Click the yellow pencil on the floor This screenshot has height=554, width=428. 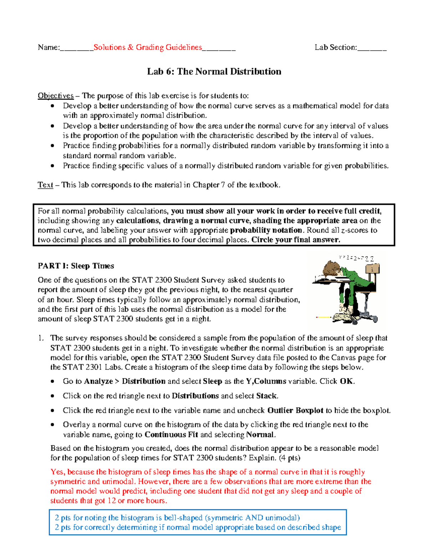pos(324,317)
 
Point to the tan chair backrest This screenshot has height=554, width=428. pos(373,268)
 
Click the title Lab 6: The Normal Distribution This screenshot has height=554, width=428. pos(214,72)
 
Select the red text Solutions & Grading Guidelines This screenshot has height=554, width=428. pos(148,47)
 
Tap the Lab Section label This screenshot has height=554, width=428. pos(335,47)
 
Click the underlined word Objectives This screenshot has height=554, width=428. pos(56,96)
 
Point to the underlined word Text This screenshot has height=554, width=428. pos(45,185)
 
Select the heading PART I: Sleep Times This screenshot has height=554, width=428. pos(76,266)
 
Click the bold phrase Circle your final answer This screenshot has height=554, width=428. pos(296,240)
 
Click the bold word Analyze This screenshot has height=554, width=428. pos(98,381)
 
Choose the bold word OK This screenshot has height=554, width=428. pos(346,381)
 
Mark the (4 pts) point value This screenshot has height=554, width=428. pos(289,458)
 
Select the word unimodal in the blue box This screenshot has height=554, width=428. pos(281,518)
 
